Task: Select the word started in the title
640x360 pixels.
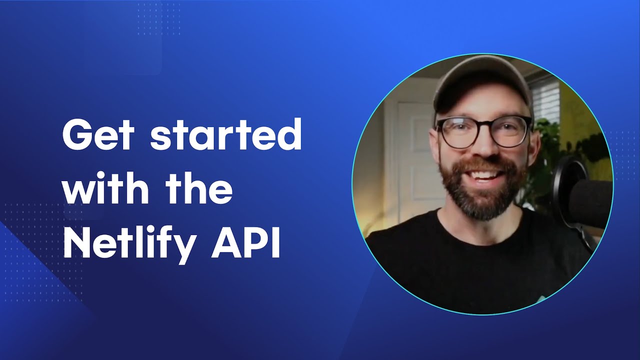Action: click(x=226, y=136)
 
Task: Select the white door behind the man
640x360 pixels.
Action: click(x=412, y=160)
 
